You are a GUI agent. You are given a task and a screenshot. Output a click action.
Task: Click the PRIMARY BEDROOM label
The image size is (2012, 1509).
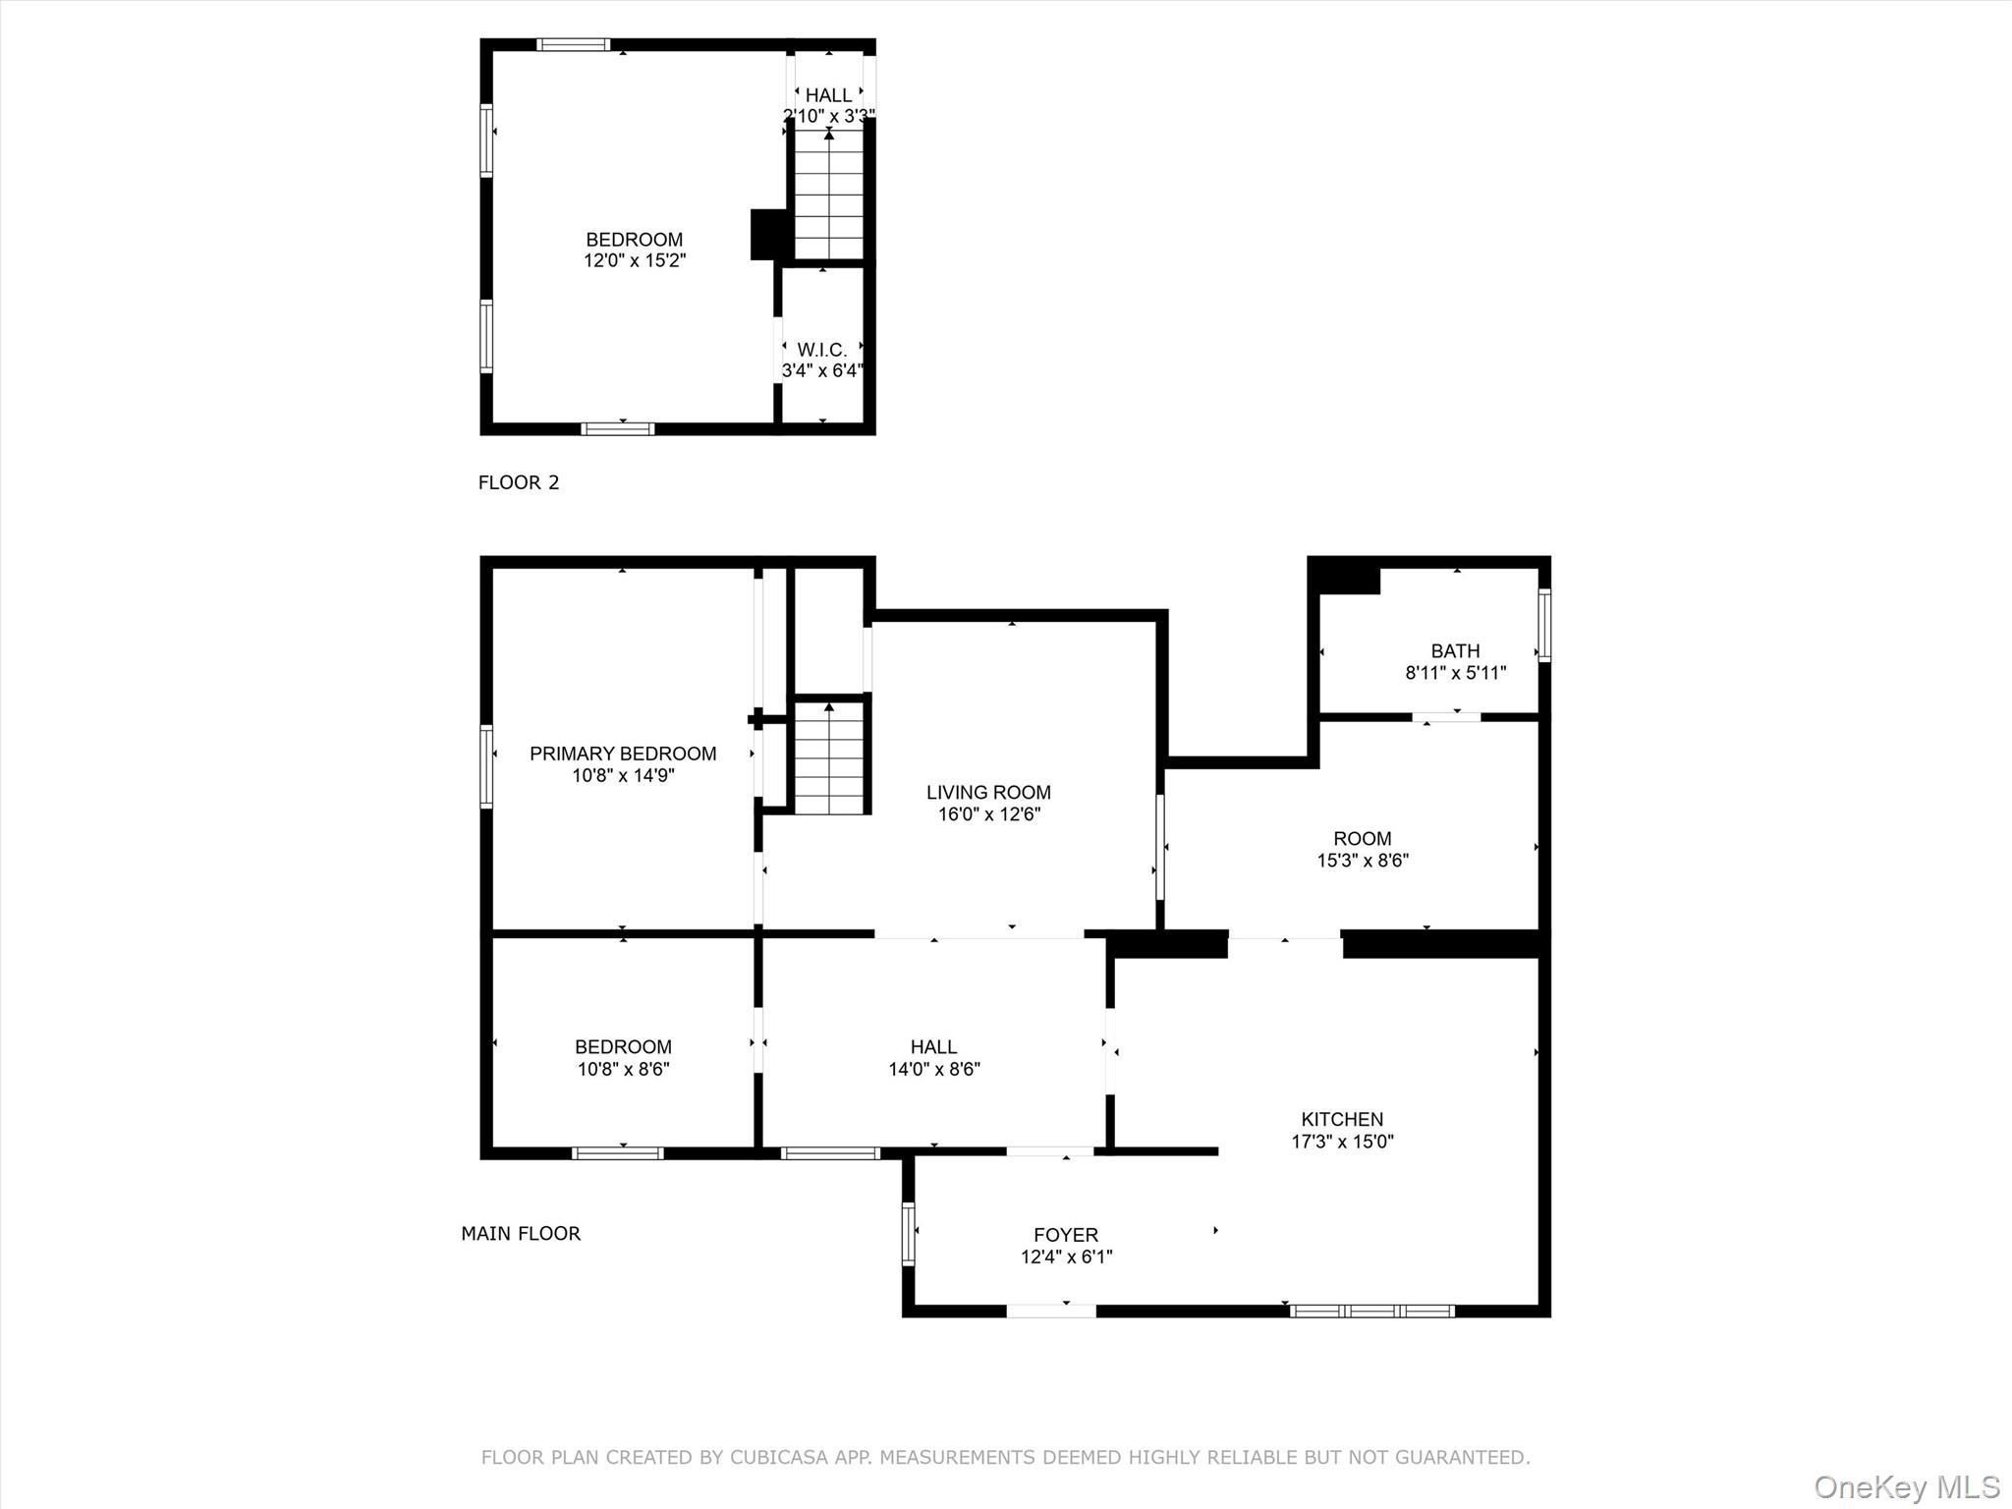click(x=623, y=754)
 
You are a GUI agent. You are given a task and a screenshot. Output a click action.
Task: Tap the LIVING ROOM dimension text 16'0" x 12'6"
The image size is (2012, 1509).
click(x=988, y=813)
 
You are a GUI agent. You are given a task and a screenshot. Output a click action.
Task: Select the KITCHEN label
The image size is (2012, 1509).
click(x=1342, y=1119)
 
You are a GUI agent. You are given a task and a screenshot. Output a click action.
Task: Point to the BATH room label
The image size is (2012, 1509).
click(x=1455, y=650)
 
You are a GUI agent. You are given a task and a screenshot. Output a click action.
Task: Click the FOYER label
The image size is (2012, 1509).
click(x=1066, y=1235)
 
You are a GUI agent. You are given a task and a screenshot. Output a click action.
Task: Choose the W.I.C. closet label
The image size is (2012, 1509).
click(x=821, y=350)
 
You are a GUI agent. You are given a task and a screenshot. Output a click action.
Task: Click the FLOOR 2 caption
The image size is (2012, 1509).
click(x=518, y=482)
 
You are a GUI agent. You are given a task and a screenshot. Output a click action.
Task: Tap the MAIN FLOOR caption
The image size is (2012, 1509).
click(x=521, y=1233)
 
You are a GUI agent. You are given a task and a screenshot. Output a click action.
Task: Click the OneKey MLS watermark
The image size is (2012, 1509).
click(x=1906, y=1486)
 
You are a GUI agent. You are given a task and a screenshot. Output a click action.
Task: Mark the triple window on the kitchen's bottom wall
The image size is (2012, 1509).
click(x=1371, y=1311)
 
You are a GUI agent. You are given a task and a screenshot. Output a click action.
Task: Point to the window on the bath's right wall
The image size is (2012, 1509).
click(x=1543, y=624)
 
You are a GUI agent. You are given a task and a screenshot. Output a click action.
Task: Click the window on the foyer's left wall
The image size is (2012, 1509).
click(x=908, y=1233)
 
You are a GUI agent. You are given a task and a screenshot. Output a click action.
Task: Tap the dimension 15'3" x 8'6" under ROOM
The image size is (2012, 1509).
click(x=1363, y=861)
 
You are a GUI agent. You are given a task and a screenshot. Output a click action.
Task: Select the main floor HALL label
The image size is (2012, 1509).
click(x=933, y=1047)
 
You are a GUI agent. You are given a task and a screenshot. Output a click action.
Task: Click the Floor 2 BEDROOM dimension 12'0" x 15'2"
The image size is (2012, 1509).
click(x=635, y=260)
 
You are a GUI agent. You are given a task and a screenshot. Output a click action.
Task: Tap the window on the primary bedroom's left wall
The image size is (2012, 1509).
click(x=486, y=766)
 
